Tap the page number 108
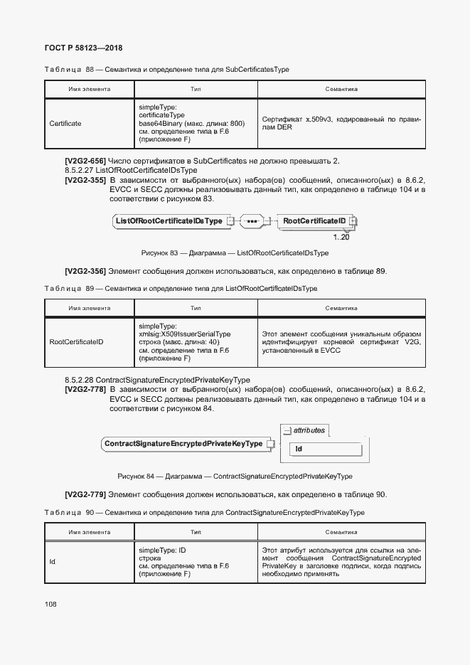[x=50, y=604]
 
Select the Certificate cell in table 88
[x=65, y=124]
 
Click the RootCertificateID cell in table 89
[x=76, y=342]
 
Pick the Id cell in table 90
[x=53, y=562]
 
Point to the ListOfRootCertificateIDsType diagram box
[x=169, y=221]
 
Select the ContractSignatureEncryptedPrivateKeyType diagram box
[x=183, y=444]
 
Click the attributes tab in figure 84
[x=306, y=430]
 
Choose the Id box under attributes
[x=299, y=449]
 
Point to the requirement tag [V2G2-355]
[x=85, y=181]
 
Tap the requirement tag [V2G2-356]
[x=85, y=271]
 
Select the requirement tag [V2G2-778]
[x=85, y=389]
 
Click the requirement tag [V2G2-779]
[x=85, y=494]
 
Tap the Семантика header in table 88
[x=341, y=90]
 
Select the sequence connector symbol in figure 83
[x=252, y=221]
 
